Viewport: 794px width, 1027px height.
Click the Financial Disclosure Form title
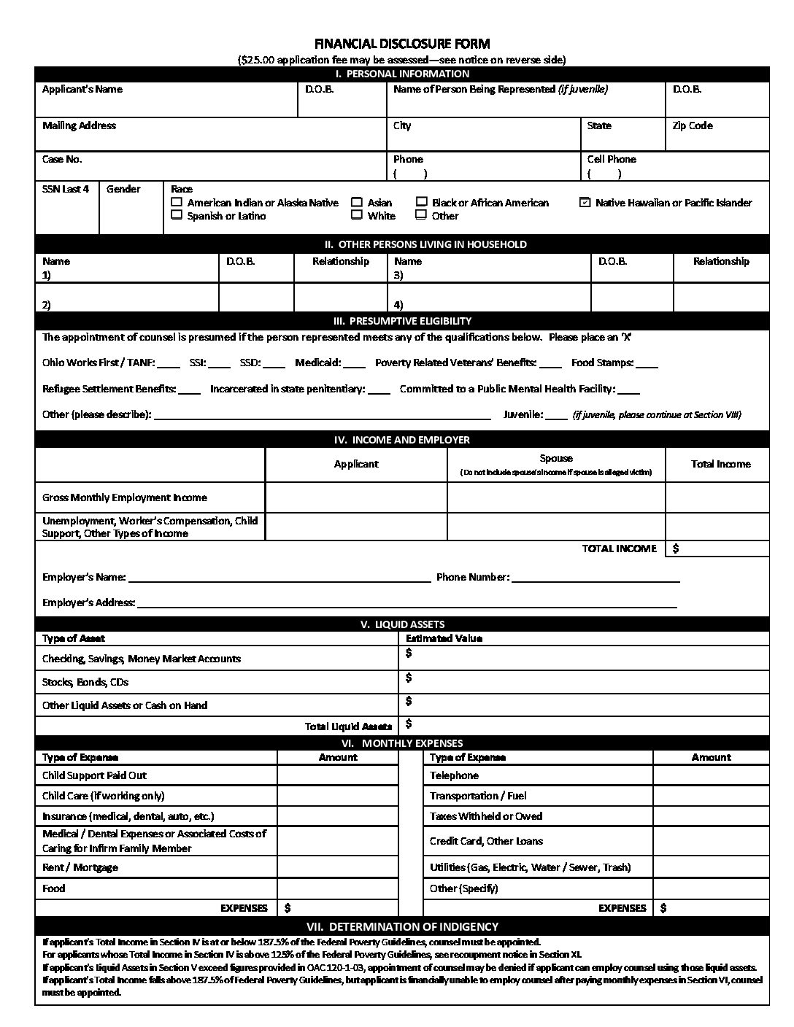(401, 44)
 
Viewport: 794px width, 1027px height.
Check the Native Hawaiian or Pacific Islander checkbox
(585, 203)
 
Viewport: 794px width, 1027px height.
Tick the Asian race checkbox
(357, 202)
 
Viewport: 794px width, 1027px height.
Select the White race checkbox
(357, 215)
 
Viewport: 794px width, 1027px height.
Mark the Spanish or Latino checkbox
(177, 215)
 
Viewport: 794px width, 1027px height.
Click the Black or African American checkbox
(422, 202)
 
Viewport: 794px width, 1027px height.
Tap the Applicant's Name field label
(82, 90)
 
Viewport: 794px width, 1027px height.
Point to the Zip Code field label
(692, 126)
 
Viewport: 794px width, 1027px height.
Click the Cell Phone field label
(612, 159)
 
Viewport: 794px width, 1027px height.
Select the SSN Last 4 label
(66, 189)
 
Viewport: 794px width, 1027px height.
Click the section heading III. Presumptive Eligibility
(401, 321)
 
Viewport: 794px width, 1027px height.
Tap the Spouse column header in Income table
(555, 459)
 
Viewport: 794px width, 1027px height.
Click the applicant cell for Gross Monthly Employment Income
(356, 497)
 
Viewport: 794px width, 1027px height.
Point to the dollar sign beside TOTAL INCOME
(676, 549)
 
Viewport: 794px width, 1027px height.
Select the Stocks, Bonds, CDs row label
(85, 682)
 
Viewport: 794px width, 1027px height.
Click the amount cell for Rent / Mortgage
(337, 867)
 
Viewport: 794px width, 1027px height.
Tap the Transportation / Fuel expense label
(478, 796)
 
